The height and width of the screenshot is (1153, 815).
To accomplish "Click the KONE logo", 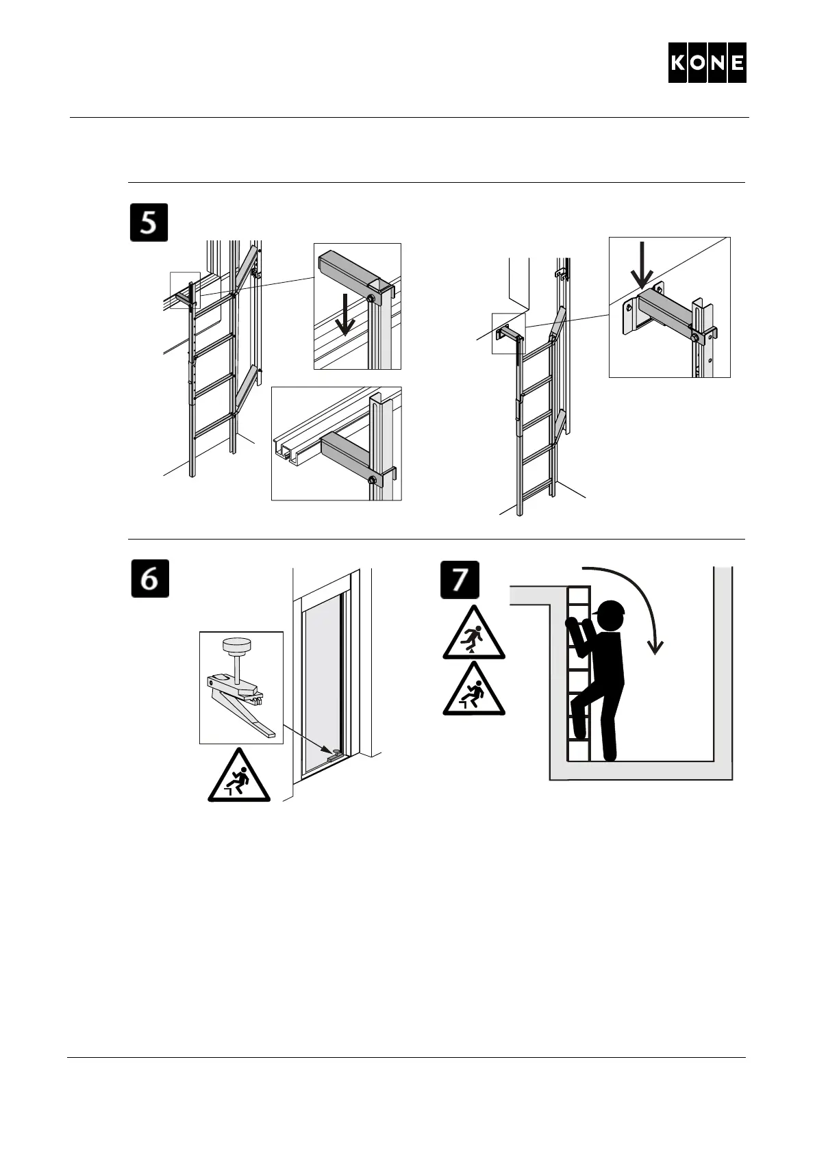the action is pos(707,63).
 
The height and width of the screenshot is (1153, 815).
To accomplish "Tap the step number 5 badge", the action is pos(149,223).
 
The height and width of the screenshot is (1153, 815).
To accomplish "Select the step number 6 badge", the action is pos(150,579).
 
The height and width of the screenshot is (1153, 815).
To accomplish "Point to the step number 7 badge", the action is pos(460,580).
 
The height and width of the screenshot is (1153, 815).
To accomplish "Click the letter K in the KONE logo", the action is pos(678,63).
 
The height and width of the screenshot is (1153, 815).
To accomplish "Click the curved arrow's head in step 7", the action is pos(655,646).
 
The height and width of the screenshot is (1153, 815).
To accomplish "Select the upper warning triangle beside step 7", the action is pos(474,633).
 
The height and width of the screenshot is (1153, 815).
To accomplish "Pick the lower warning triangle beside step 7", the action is pos(474,689).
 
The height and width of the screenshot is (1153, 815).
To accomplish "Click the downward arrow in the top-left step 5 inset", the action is pos(344,314).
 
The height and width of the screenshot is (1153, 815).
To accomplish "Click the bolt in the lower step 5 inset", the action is pos(373,480).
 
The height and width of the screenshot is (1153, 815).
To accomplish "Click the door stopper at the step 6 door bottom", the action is pos(336,753).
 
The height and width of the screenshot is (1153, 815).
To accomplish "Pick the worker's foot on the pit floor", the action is pos(609,756).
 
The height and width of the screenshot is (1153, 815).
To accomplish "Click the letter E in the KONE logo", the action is pos(737,63).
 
